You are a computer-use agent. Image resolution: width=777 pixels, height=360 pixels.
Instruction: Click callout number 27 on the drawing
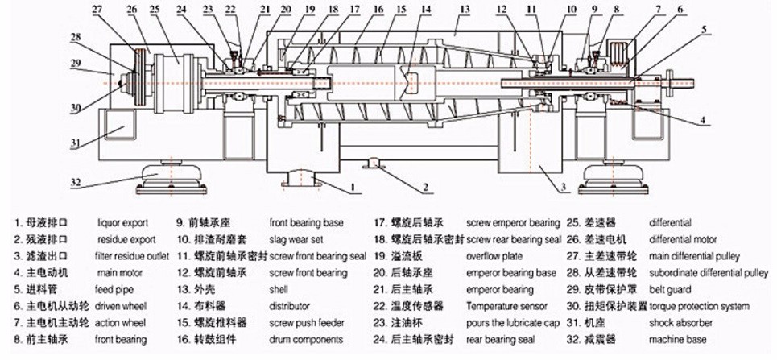click(x=97, y=9)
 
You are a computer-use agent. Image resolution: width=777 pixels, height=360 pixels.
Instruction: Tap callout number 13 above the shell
click(x=465, y=9)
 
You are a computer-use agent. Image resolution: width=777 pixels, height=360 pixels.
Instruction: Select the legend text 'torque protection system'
click(x=699, y=306)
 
